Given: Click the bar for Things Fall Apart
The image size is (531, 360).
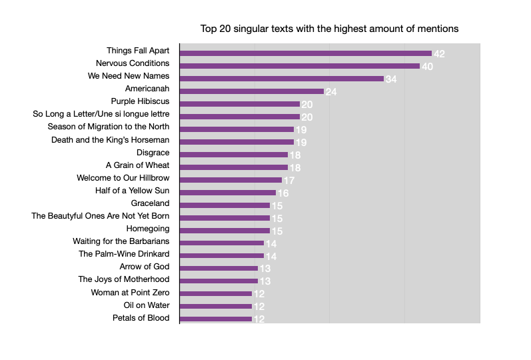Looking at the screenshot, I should coord(306,53).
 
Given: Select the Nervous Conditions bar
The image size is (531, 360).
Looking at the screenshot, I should coord(300,66).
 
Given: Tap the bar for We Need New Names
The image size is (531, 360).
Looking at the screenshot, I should coord(282,79).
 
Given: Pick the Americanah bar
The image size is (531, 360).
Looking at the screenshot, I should coord(252,91).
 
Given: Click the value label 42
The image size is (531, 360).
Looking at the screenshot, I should coord(439,53).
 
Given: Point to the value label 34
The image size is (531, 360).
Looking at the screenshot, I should coord(391,79).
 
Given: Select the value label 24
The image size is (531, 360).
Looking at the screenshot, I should coord(331,92).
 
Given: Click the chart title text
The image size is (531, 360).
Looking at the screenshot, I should coord(329,29).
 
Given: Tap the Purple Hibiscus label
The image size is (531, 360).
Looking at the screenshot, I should coord(140,101).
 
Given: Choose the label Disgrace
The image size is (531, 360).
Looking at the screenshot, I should coord(153,153).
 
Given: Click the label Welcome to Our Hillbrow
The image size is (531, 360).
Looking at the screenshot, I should coord(123,178).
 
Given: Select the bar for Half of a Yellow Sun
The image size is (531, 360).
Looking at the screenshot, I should coord(228,193).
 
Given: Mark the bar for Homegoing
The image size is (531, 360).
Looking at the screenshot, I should coord(225,231).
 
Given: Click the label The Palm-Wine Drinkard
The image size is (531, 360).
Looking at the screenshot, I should coord(124,254).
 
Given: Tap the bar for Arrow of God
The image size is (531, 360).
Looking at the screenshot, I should coord(219,269).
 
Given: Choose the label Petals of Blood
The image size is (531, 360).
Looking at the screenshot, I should coord(141,318).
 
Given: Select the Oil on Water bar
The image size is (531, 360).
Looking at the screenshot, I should coord(216,307).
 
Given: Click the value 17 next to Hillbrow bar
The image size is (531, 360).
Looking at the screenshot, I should coord(289,181).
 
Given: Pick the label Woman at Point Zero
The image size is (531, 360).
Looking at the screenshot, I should coord(130,293).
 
